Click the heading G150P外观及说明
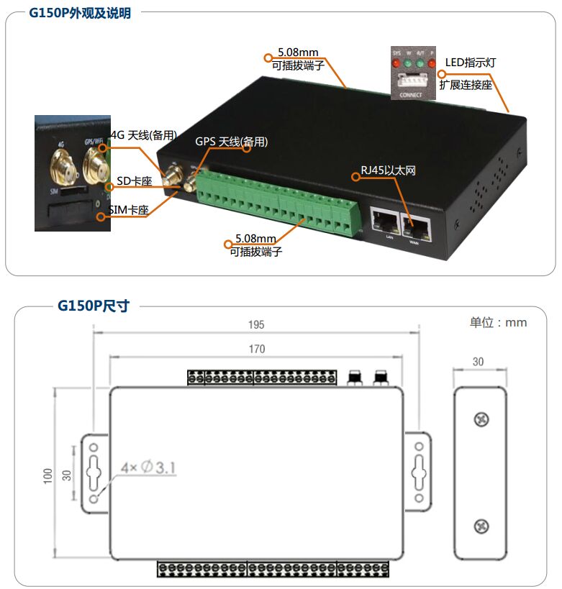coord(80,13)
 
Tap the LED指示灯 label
coord(470,63)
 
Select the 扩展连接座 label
coord(466,84)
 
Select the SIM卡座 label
coord(128,210)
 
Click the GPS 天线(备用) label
coord(231,142)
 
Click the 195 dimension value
coord(255,325)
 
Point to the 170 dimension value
coord(256,350)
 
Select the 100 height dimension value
coord(48,475)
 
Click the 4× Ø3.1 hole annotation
coord(148,468)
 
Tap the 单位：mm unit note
coord(498,322)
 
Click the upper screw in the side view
coord(481,419)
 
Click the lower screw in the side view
coord(481,527)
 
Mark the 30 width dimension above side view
coord(479,362)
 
